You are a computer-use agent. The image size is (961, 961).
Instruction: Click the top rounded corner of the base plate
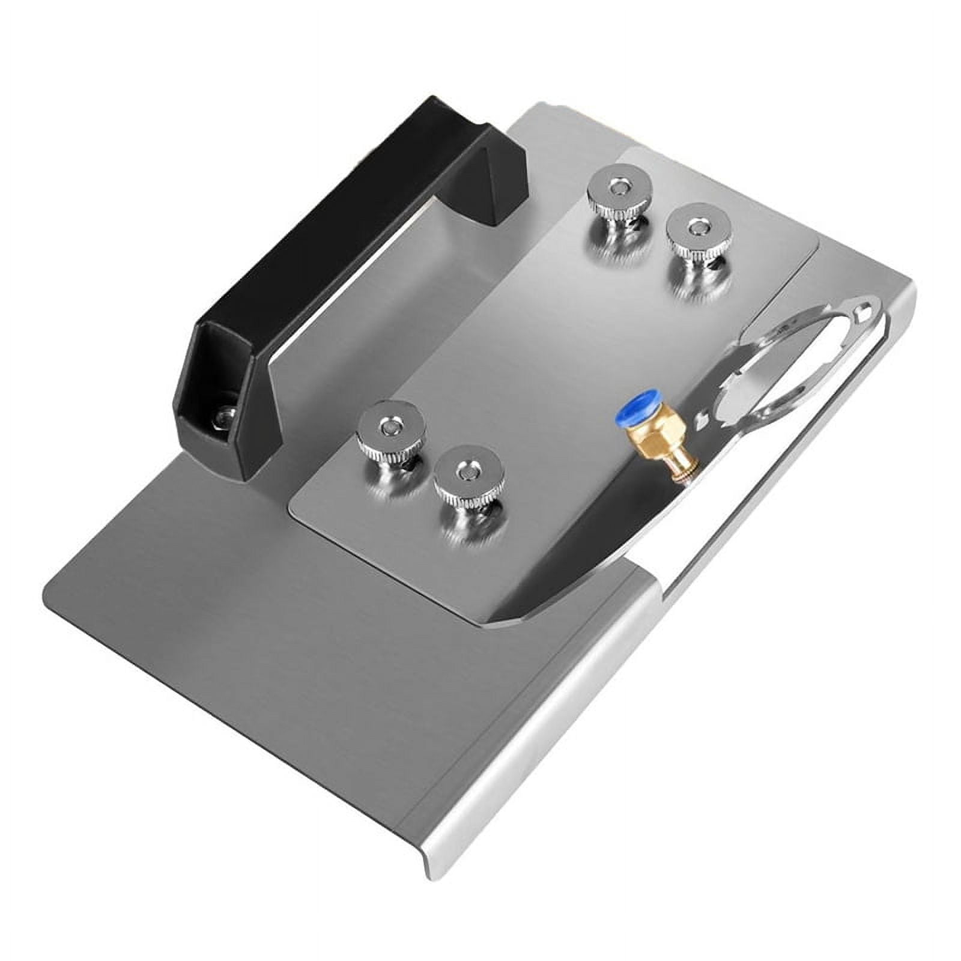(x=541, y=108)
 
